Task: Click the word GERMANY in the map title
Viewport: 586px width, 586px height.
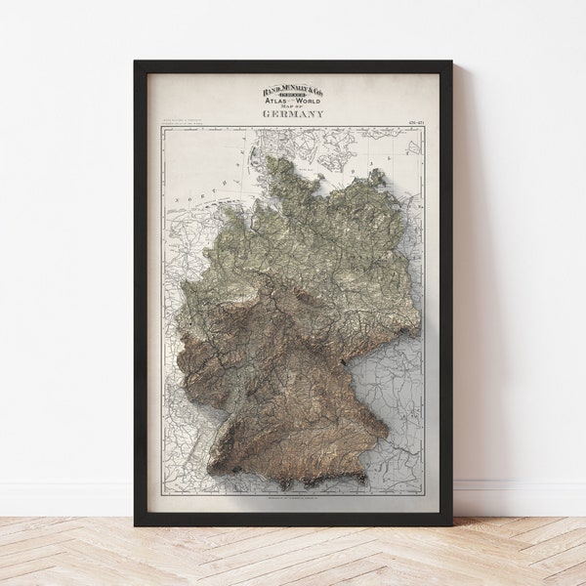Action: (x=293, y=114)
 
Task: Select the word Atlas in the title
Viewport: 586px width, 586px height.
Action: (x=274, y=103)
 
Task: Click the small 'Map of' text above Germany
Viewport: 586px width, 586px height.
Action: (x=293, y=108)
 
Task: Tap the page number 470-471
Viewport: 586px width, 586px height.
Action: (x=415, y=122)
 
